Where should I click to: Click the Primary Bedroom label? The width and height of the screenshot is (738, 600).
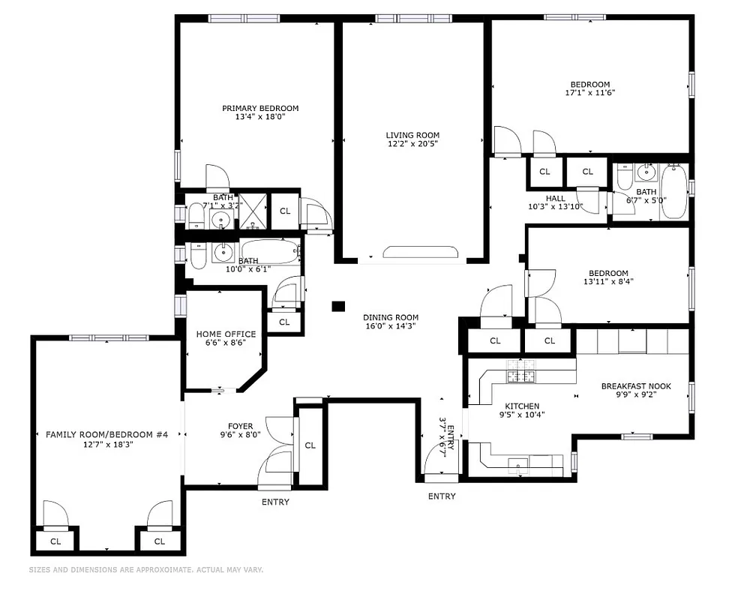point(260,108)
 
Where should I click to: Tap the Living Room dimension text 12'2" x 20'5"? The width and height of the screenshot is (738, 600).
point(412,144)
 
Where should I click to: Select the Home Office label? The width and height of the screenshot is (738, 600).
point(226,334)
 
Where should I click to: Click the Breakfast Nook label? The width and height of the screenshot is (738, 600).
point(636,387)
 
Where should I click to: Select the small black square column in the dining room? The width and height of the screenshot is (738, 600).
point(338,306)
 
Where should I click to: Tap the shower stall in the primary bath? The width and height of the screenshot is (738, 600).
point(253,211)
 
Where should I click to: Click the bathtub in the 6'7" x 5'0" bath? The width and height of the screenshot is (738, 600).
point(673,192)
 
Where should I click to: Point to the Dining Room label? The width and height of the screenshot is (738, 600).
point(390,317)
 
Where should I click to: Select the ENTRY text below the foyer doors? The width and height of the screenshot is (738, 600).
point(275,502)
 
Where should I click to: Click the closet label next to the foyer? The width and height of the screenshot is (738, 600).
point(310,445)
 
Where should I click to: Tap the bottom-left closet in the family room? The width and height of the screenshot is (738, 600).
point(55,541)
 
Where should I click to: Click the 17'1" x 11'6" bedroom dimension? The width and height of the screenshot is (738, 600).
point(589,94)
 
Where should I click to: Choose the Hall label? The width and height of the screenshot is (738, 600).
point(556,198)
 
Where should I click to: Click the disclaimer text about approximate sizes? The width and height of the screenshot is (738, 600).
point(146,570)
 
